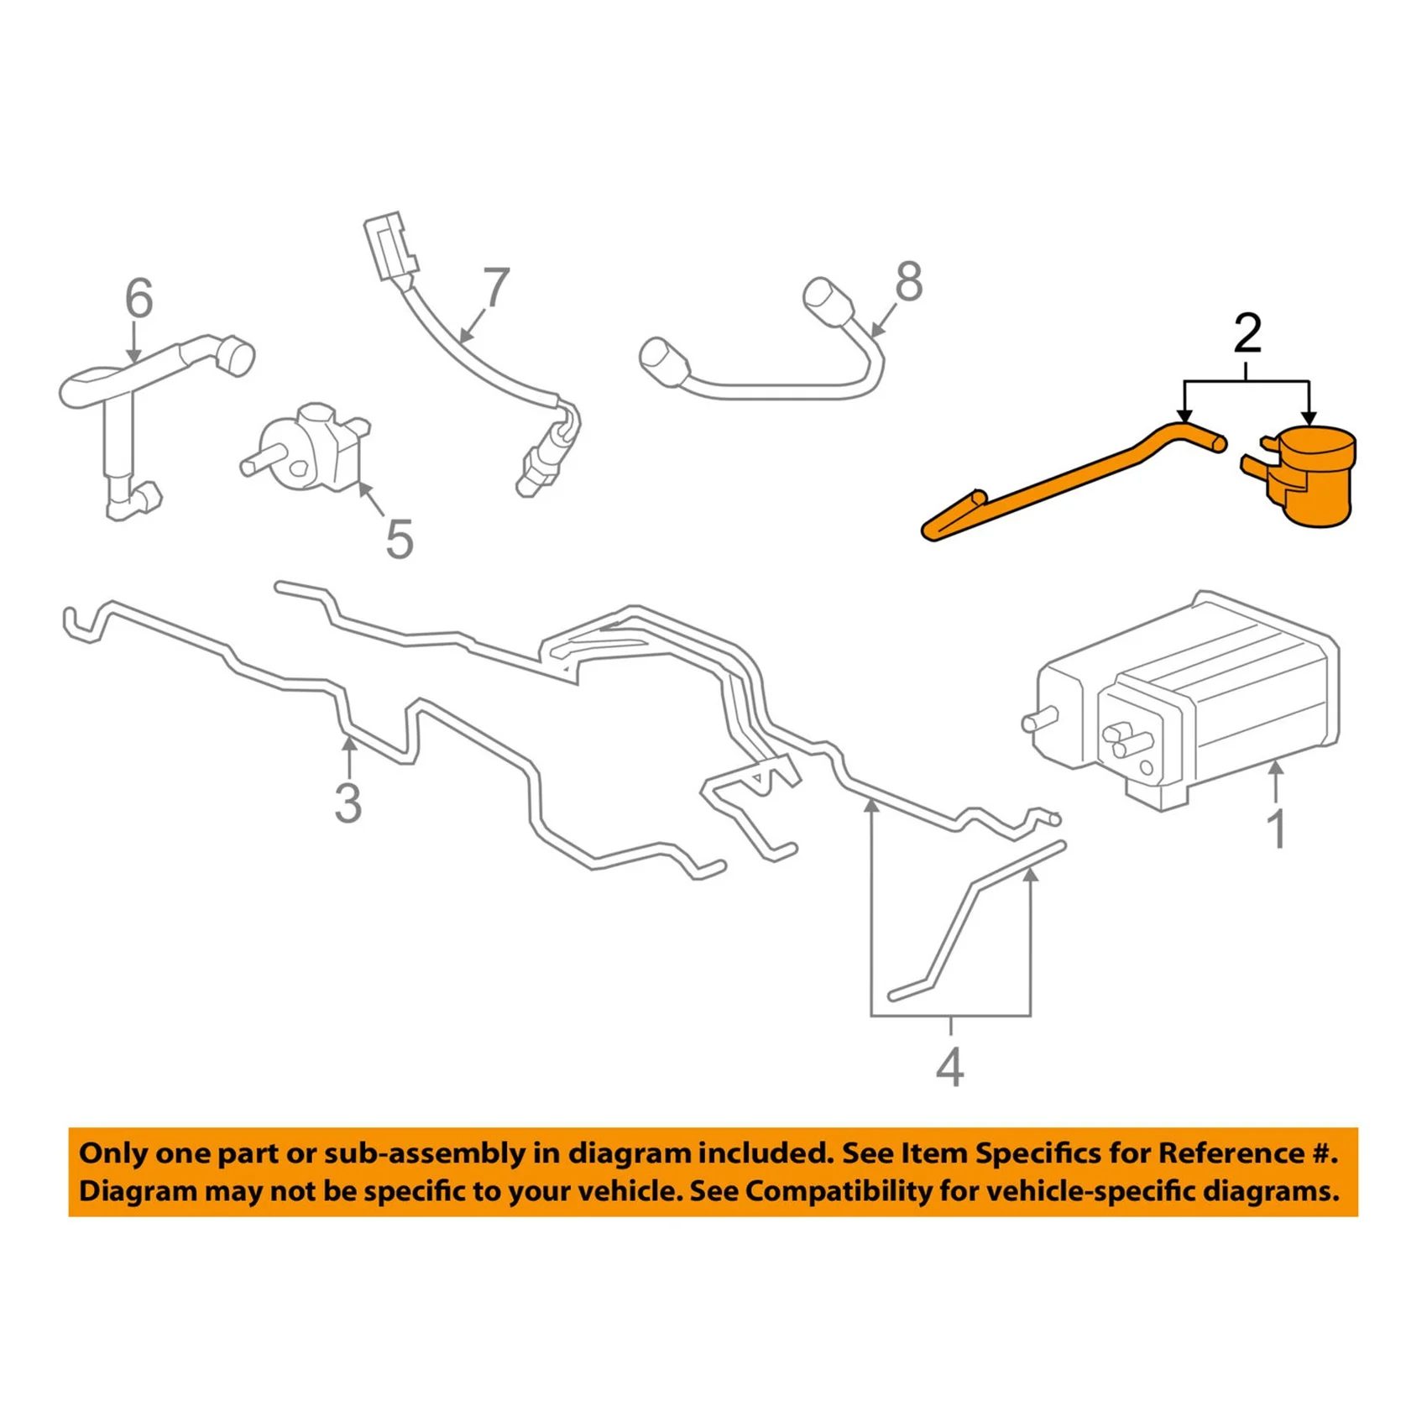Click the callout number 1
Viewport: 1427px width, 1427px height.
(x=1277, y=830)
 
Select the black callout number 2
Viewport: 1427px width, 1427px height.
(x=1247, y=334)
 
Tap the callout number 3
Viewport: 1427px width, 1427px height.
(x=348, y=803)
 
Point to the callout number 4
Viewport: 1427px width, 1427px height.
(x=949, y=1068)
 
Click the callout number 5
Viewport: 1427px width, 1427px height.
(x=400, y=539)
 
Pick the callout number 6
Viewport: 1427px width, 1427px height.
(x=139, y=299)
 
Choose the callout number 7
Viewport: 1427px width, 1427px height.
(x=496, y=288)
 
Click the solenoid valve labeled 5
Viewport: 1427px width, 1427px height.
(x=311, y=449)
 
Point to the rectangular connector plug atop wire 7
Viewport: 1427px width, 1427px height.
(x=389, y=247)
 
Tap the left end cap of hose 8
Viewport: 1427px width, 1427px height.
(x=663, y=362)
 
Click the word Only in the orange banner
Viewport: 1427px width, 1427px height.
(x=112, y=1153)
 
